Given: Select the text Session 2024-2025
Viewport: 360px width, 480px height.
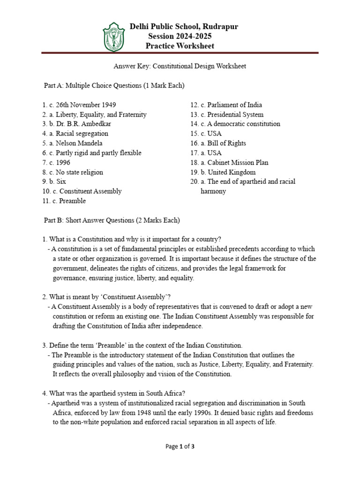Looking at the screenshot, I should pos(180,36).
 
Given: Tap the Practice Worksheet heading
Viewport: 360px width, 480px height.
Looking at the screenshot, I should pos(180,46).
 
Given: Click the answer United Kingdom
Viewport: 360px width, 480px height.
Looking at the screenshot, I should pos(232,172).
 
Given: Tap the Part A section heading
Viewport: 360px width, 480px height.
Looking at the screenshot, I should pos(114,86).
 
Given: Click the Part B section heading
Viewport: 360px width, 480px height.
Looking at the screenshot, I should pos(112,220).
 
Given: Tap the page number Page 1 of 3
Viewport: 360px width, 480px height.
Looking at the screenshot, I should pos(180,447).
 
